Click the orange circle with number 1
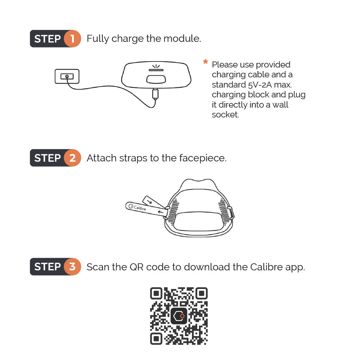pos(72,39)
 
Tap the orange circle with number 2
pos(72,158)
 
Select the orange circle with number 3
pos(72,266)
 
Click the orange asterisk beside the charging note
pos(205,62)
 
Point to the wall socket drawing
pos(67,76)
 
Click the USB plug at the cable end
pos(155,94)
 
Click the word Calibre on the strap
pos(140,208)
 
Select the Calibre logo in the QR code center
pos(179,316)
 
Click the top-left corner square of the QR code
pos(156,293)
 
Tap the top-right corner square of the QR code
pos(201,293)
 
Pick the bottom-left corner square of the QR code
pos(156,339)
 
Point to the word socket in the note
pos(225,114)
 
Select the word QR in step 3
pos(137,267)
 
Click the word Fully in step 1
pos(98,39)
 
